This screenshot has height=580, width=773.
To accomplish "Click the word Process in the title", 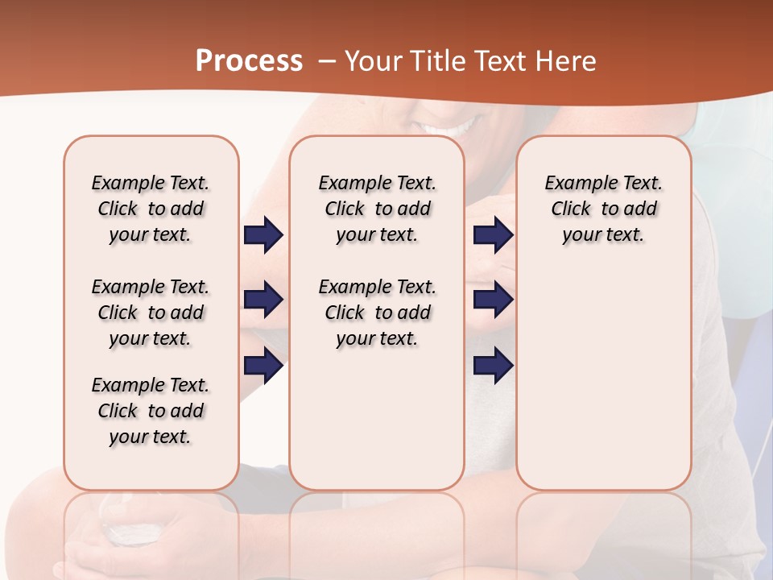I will [249, 60].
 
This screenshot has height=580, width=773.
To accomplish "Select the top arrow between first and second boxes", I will [263, 235].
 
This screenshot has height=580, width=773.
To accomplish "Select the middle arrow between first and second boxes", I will [263, 300].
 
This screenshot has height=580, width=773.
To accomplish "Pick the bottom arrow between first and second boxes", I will [263, 366].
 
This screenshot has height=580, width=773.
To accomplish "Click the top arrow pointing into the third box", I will [493, 235].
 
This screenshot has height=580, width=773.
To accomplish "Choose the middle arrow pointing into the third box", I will [493, 300].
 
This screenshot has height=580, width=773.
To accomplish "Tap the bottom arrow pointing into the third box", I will [493, 366].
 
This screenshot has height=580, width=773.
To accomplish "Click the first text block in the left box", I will [151, 209].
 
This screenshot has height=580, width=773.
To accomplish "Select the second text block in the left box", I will [151, 313].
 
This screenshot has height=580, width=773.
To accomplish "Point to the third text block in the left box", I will [151, 411].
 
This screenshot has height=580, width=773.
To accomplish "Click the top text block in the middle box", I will [377, 209].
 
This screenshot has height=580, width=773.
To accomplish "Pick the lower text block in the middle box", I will [377, 313].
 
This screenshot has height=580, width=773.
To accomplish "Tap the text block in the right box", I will [603, 209].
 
